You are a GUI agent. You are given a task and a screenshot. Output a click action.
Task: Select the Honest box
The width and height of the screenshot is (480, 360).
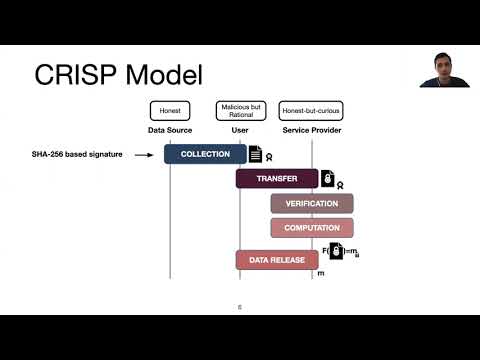[170, 111]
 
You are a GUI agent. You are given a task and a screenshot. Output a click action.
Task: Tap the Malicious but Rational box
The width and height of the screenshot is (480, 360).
[239, 111]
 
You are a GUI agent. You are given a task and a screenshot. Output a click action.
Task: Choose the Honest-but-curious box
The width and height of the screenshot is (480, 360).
[310, 111]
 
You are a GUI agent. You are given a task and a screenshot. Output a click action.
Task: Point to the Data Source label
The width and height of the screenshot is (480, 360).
[170, 130]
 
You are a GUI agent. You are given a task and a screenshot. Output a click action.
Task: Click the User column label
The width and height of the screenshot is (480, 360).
[239, 130]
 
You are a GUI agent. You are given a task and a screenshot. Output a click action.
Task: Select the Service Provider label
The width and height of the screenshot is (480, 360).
[310, 130]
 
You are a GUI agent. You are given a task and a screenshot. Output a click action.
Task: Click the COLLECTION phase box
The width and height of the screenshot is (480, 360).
[205, 154]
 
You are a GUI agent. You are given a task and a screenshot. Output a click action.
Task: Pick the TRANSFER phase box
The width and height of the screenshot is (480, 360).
[276, 179]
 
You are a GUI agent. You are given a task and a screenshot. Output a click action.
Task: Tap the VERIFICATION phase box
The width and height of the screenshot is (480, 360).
[311, 204]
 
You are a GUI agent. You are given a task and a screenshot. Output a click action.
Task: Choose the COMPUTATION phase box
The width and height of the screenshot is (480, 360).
[311, 228]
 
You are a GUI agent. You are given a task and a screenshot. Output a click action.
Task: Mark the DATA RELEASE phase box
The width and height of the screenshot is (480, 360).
[270, 260]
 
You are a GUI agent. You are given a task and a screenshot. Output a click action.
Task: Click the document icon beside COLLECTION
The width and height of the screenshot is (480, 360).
[256, 154]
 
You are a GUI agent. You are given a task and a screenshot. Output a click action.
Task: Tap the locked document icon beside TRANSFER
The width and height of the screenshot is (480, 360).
[327, 179]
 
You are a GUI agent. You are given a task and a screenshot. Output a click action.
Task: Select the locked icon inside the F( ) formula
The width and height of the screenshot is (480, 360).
[336, 251]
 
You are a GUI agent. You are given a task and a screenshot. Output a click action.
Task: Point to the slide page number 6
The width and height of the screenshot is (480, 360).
[239, 307]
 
